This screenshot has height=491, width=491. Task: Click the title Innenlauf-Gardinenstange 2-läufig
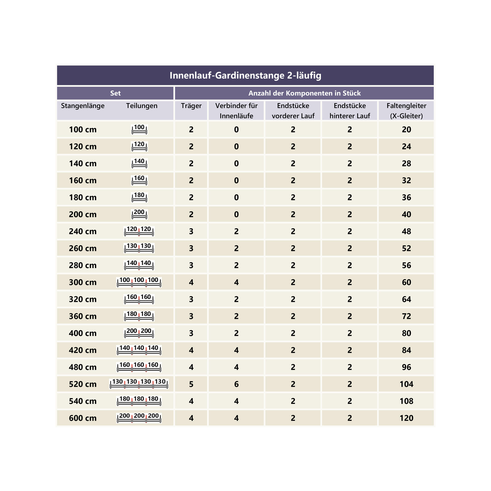click(245, 75)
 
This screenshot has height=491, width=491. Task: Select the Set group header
click(115, 93)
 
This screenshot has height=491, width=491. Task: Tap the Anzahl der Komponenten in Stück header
click(304, 93)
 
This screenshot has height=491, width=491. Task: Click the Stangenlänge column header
click(82, 106)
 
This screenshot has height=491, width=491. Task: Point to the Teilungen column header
click(142, 106)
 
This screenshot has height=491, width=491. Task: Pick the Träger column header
click(191, 106)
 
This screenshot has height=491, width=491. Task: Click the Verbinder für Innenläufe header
click(236, 110)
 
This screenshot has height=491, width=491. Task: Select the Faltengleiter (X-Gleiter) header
click(406, 110)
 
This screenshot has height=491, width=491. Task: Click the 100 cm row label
click(82, 130)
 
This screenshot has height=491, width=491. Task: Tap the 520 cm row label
click(82, 384)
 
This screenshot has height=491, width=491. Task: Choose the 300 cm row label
click(82, 282)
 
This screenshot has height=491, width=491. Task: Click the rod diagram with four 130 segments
click(139, 384)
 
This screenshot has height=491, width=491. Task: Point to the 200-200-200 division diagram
click(139, 418)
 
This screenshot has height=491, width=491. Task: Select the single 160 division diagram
click(139, 180)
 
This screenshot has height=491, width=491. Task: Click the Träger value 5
click(191, 384)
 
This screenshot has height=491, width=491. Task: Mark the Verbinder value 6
click(236, 384)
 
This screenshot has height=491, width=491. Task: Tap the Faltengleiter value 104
click(406, 384)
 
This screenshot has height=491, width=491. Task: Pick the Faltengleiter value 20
click(406, 130)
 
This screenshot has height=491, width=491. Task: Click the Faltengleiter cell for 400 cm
click(406, 333)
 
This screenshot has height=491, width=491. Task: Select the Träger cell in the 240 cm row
click(191, 231)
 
